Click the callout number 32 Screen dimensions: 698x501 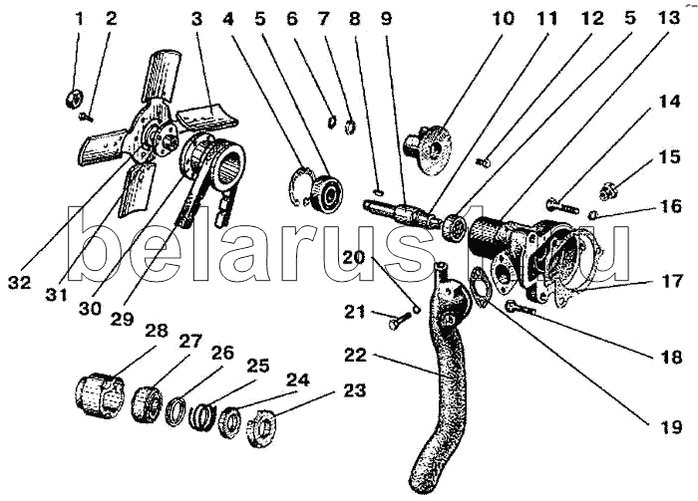[x=19, y=282]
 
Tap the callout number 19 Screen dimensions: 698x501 [x=670, y=427]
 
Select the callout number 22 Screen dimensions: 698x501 [x=355, y=356]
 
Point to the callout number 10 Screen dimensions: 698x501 [x=503, y=19]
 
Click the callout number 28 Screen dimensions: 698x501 [x=156, y=332]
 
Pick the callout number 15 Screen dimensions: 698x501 [x=670, y=157]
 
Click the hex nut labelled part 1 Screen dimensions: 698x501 [x=72, y=99]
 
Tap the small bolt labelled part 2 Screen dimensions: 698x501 [x=87, y=117]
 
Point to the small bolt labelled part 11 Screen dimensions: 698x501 [x=483, y=162]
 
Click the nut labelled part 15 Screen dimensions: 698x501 [x=606, y=191]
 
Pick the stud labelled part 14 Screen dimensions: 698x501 [x=561, y=206]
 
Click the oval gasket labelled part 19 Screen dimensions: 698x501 [x=479, y=286]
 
